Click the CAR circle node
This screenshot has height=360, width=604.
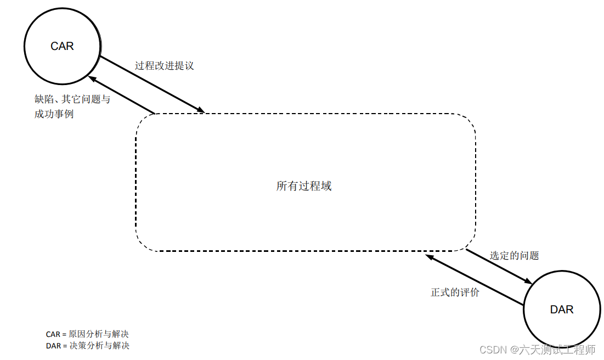[62, 46]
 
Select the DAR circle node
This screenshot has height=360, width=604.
[561, 310]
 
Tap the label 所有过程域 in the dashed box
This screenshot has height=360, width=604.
[304, 186]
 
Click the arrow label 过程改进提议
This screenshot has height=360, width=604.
[164, 66]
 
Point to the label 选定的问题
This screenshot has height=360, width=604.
[514, 256]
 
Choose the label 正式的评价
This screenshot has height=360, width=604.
[455, 292]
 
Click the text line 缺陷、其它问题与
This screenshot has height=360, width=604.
[72, 99]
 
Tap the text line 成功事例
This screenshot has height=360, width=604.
[54, 114]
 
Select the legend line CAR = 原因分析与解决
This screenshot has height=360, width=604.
[87, 334]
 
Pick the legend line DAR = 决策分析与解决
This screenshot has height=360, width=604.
[87, 346]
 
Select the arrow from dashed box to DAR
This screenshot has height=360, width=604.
[499, 266]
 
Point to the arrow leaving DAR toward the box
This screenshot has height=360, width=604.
[475, 279]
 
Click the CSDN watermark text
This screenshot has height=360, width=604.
[492, 350]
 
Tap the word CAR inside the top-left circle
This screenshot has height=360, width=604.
[62, 46]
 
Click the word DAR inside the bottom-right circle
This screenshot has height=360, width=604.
[561, 310]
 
